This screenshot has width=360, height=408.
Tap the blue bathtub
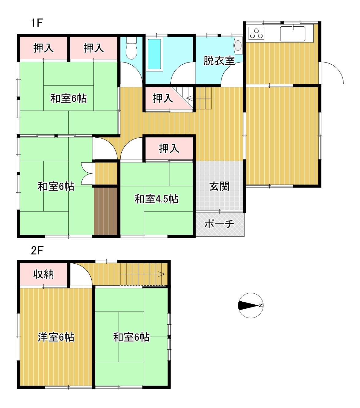154,54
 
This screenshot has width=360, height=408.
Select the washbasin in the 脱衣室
238,45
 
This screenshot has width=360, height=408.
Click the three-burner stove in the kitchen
256,33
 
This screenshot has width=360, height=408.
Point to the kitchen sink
293,34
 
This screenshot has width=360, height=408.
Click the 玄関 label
219,186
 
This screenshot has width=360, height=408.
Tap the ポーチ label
219,224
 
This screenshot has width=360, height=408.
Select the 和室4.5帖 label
157,199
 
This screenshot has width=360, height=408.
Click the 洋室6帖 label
56,337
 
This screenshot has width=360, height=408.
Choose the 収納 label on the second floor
44,274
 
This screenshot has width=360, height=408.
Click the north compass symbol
251,306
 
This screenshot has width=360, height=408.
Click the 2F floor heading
37,251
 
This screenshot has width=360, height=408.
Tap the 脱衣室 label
219,61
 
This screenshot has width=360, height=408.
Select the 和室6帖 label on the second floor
131,337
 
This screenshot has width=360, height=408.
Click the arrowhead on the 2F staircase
162,274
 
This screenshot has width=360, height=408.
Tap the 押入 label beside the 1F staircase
163,98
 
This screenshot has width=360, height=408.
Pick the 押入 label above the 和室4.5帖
169,148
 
